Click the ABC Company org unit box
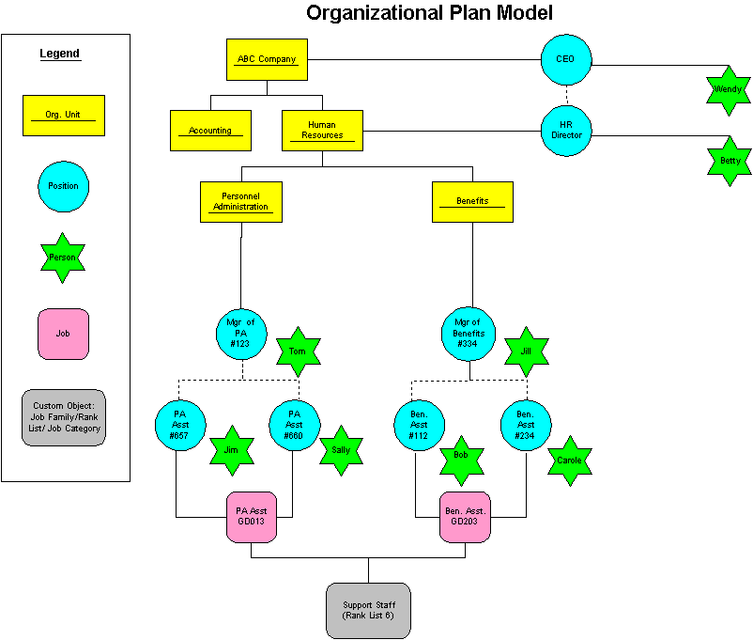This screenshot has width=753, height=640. tap(268, 59)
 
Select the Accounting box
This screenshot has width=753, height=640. tap(210, 131)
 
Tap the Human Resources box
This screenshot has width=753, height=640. tap(322, 131)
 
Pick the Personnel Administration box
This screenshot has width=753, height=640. tap(240, 201)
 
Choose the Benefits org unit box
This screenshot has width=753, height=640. tap(472, 201)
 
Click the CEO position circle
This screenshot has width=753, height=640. tap(566, 60)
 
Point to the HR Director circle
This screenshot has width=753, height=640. tap(566, 131)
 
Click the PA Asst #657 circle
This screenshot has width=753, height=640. tap(179, 425)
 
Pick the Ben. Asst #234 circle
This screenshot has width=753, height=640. tap(525, 425)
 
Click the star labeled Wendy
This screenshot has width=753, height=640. tap(729, 90)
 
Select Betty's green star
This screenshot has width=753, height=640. tap(730, 161)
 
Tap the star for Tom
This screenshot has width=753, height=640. tap(298, 351)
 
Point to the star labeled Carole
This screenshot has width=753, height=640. tap(569, 460)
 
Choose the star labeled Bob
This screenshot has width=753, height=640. tap(461, 455)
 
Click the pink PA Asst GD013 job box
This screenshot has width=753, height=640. tap(252, 518)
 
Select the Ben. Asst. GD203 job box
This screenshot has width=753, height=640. tap(465, 518)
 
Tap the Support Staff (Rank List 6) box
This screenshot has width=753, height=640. tap(368, 610)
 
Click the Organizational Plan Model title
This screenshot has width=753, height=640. tap(429, 12)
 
